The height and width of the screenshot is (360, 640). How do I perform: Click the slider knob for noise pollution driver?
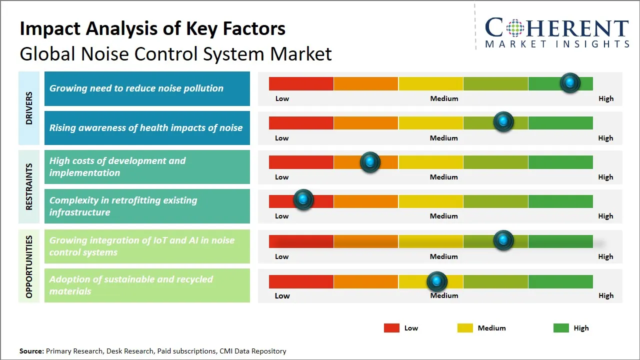point(569,82)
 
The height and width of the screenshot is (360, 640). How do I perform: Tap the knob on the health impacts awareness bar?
point(503,121)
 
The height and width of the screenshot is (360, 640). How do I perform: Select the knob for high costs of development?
point(370,161)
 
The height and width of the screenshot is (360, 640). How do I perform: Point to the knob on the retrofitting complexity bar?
point(303,199)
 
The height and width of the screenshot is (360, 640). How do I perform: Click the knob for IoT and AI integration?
point(503,240)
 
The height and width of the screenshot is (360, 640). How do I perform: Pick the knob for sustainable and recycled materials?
point(437,281)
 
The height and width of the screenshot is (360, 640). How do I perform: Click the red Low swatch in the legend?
point(391,328)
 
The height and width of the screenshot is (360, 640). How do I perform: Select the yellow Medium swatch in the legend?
point(465,328)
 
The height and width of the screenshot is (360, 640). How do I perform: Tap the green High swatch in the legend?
point(561,328)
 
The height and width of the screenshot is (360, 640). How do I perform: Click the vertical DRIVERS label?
point(29,108)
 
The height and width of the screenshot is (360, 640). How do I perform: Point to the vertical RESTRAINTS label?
point(29,186)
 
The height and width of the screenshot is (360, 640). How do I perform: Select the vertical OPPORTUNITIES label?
point(29,266)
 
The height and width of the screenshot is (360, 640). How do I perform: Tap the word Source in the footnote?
point(31,351)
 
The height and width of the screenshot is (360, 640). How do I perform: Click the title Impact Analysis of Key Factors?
point(152,28)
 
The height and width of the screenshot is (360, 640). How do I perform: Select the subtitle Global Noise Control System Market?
point(175,53)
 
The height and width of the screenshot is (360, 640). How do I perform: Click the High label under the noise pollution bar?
point(605,98)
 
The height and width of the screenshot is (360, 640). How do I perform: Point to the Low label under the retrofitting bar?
point(282,216)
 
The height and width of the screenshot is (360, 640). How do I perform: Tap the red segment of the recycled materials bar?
point(301,281)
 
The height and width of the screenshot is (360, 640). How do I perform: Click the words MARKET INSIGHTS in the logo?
point(557,44)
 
